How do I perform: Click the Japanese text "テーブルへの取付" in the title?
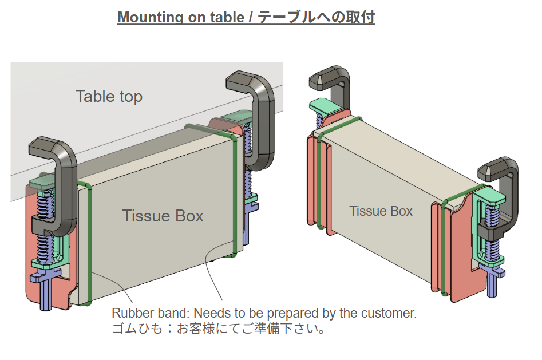[316, 17]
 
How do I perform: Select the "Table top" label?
[109, 96]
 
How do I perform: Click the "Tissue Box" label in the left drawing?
[163, 216]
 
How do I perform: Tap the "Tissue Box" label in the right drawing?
[381, 211]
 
